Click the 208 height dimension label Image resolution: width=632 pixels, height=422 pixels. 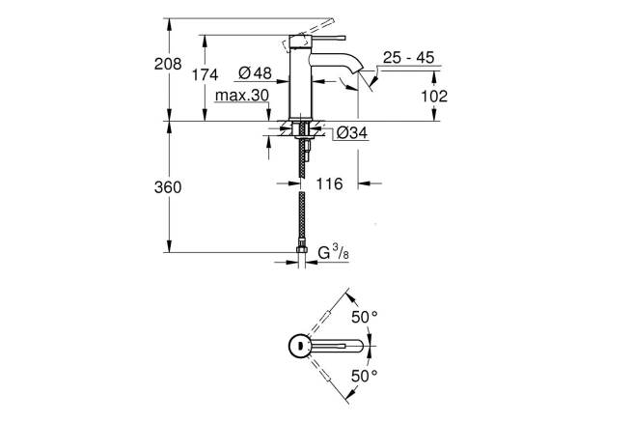point(168,64)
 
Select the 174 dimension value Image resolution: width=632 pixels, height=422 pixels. point(205,74)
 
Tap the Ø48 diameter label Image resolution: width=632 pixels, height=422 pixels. point(255,73)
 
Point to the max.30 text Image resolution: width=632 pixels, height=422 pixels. point(242,96)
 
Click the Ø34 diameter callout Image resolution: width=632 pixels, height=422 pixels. point(352,132)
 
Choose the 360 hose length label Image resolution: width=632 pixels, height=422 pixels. point(168,187)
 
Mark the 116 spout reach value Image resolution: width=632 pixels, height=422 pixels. point(329,184)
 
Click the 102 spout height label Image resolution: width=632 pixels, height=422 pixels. point(434,96)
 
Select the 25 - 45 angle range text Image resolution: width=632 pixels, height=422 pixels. point(409,58)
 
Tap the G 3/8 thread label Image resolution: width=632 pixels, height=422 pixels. point(334,253)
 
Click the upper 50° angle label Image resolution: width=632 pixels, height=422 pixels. point(365,317)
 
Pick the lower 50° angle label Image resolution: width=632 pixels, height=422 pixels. point(365,376)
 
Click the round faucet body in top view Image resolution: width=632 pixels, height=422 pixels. point(299,346)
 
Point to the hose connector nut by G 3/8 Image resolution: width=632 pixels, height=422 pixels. point(301,249)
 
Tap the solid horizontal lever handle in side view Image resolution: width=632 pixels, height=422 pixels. point(328,39)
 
